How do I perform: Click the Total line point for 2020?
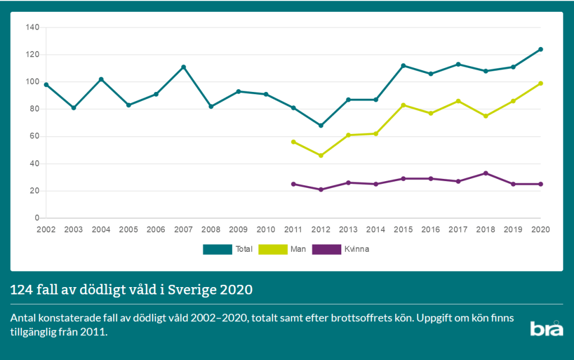pos(540,49)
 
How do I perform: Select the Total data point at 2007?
pos(183,67)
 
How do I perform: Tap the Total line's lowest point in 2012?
pos(321,126)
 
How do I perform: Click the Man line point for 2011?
pos(293,142)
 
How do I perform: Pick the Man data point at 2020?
pos(540,84)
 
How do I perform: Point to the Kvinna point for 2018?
pos(485,173)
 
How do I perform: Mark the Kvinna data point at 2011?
pos(293,184)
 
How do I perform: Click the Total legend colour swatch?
pos(217,249)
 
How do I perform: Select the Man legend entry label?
pos(299,249)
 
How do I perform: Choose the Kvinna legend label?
pos(357,249)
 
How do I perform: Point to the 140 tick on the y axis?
pos(33,27)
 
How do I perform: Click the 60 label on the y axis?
pos(35,136)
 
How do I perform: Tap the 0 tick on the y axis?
pos(37,218)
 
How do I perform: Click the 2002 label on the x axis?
pos(46,229)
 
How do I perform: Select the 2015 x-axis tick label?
pos(403,229)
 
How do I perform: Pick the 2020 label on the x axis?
pos(540,229)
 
